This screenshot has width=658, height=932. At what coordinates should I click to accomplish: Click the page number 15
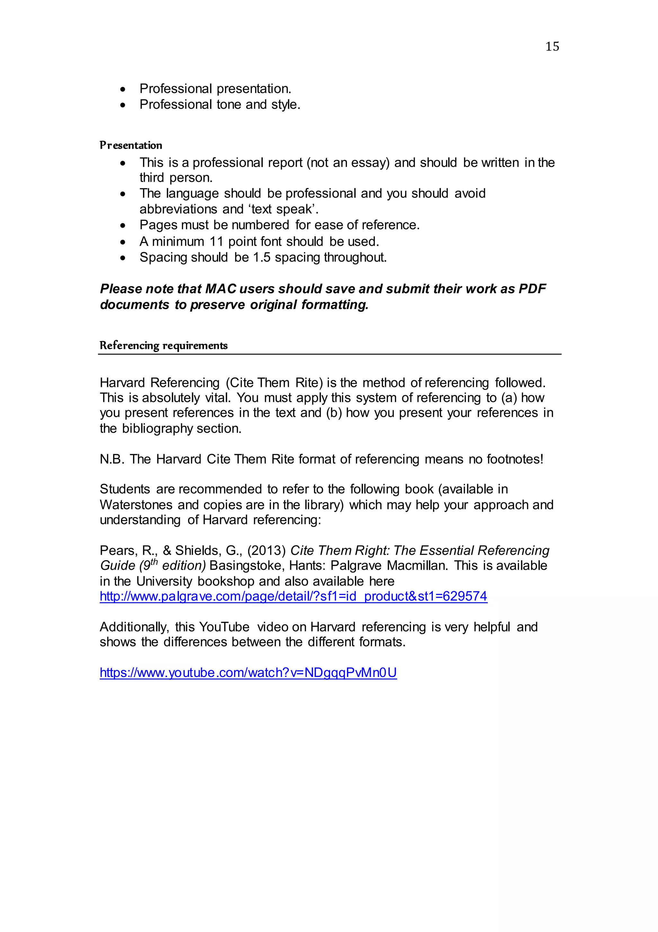(552, 46)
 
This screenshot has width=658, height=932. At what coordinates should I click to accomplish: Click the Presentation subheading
(131, 145)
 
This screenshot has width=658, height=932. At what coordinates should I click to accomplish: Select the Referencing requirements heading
(163, 345)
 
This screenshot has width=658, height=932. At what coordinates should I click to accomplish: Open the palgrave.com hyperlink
(293, 596)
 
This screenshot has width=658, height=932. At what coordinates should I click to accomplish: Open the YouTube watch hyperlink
(248, 673)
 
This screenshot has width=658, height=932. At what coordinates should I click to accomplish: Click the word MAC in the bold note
(220, 289)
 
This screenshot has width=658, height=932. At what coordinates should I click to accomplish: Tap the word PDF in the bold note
(532, 289)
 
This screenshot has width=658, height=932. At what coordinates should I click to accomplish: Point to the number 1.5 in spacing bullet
(262, 257)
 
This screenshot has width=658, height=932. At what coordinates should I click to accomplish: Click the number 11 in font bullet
(216, 242)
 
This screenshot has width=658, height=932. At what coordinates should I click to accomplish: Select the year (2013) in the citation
(267, 551)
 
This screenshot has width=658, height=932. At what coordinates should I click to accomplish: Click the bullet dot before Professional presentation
(123, 89)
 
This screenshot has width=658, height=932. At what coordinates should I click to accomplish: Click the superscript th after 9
(154, 562)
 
